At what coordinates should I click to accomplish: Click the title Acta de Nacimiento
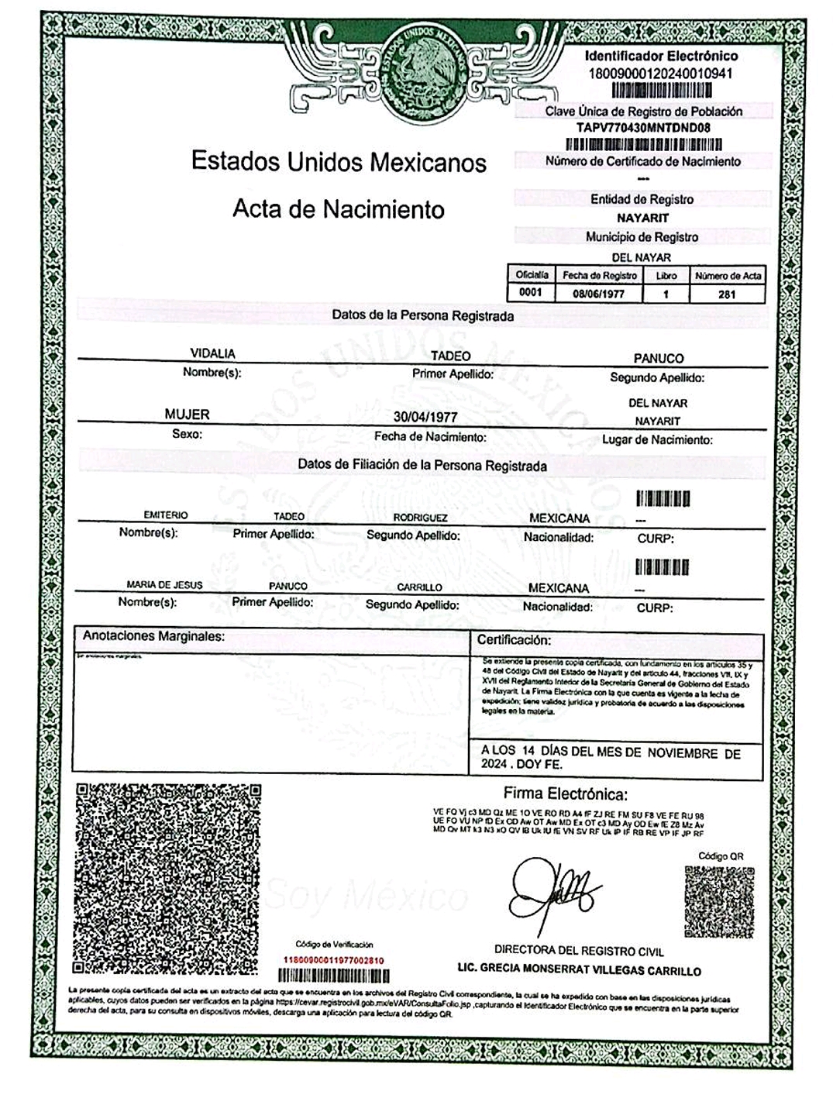339,209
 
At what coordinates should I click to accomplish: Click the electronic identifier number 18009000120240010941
661,74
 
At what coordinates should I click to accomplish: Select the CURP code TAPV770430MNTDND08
643,128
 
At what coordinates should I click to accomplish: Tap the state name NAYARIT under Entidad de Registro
642,218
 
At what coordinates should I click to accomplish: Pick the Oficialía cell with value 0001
532,293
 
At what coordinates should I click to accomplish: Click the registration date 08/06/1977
599,294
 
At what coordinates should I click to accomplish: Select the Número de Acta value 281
727,294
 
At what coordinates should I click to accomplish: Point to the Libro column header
666,276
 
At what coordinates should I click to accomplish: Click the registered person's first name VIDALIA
212,353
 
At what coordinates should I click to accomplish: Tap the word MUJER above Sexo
187,415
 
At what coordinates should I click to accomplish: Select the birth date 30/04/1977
425,417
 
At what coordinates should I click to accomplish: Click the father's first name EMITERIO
166,515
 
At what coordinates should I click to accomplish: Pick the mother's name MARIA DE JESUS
164,585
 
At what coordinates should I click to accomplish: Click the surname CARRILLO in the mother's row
419,587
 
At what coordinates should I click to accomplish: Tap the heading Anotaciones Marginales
153,636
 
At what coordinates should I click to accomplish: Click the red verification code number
335,960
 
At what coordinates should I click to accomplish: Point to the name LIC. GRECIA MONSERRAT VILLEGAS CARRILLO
579,970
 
